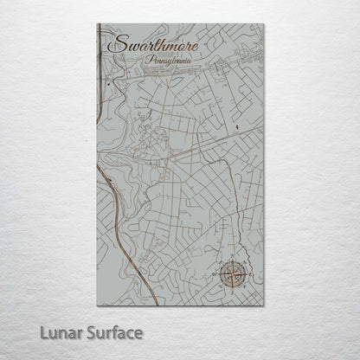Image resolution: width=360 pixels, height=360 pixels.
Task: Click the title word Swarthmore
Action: coord(148,43)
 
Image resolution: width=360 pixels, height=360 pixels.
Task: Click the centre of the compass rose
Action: coord(231,276)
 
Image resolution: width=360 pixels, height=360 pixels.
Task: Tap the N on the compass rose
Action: coord(231,260)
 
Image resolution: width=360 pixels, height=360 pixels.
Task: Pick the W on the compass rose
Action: coord(215,276)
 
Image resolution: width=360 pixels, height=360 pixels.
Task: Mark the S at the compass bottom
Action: coord(231,292)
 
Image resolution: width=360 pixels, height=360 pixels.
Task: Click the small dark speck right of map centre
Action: coord(235,127)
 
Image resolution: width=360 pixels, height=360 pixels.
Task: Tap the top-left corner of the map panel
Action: coord(97,25)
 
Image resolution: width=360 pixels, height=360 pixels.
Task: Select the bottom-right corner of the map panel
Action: coord(264,306)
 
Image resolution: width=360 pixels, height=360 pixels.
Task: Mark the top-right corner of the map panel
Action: coord(264,25)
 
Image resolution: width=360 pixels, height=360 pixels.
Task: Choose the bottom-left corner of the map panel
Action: coord(97,306)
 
